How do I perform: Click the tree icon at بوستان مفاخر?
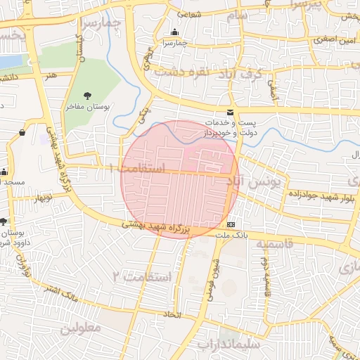87,95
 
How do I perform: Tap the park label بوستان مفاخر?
86,107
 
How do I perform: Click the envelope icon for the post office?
230,112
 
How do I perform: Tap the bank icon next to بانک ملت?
230,224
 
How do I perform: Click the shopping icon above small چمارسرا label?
174,32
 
